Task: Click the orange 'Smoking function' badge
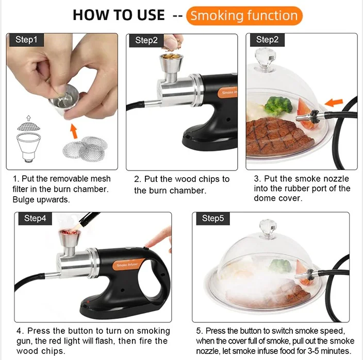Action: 244,16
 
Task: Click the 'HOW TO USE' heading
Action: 119,15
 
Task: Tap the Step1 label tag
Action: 26,40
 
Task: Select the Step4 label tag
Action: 35,218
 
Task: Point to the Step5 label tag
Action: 213,218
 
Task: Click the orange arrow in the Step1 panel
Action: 74,131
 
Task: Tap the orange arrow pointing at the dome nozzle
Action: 334,102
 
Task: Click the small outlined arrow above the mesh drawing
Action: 29,118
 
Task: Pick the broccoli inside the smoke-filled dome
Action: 282,266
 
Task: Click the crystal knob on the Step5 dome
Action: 268,229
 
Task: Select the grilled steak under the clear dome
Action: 279,137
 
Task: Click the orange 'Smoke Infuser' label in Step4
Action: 127,265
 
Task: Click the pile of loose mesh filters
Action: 85,148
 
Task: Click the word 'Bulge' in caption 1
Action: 23,200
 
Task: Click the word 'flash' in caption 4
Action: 105,341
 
